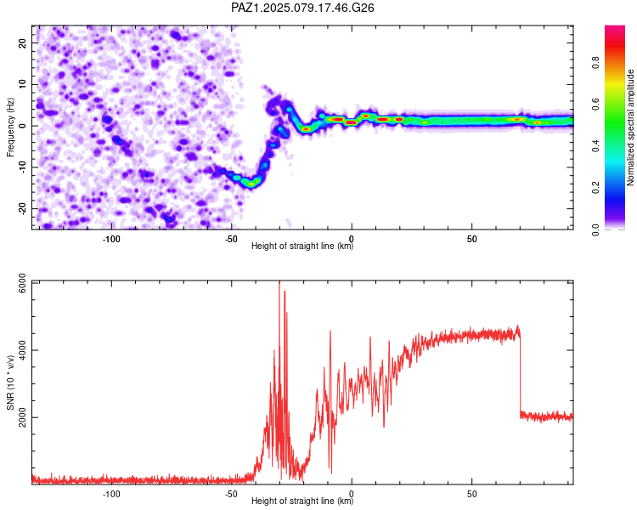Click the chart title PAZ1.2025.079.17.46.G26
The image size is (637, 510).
(x=302, y=8)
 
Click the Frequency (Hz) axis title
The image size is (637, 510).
(x=10, y=127)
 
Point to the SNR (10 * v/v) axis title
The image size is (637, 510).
(x=10, y=382)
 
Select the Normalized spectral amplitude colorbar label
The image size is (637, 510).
(x=630, y=127)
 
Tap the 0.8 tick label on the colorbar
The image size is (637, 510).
(x=595, y=63)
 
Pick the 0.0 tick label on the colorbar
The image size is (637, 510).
(x=595, y=229)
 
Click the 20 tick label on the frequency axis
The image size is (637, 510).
(x=22, y=43)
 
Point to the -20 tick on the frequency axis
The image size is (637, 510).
(x=22, y=208)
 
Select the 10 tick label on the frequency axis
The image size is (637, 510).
(x=22, y=85)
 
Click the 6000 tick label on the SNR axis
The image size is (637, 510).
(x=22, y=283)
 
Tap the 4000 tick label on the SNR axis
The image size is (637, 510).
(x=22, y=350)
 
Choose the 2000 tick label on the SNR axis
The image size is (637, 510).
(x=22, y=417)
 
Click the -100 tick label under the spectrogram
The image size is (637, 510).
(x=111, y=239)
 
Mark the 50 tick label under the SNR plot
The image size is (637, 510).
(x=471, y=494)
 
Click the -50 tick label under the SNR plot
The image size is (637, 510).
(x=231, y=494)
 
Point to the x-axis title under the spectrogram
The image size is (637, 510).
(x=302, y=246)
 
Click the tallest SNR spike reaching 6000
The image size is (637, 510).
(x=279, y=285)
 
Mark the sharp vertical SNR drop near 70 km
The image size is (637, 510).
(x=520, y=374)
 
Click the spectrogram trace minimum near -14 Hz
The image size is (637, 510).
(x=251, y=184)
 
